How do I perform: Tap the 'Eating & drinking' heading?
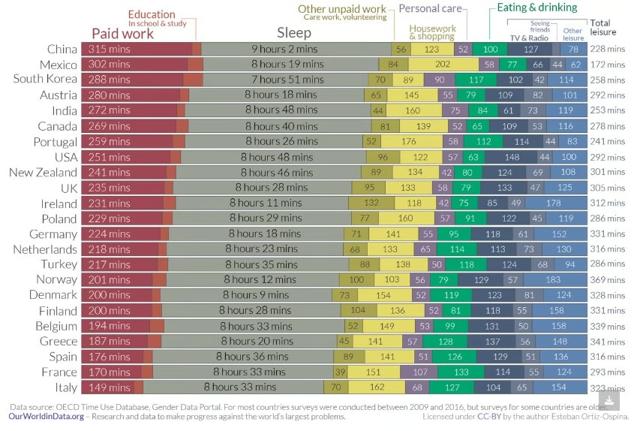537,8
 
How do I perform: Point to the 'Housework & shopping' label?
432,32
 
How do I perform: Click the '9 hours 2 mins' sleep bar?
296,49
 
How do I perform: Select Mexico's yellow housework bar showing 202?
442,65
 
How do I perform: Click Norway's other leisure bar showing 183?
575,279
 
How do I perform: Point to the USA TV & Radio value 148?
512,157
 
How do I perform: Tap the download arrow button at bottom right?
608,399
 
